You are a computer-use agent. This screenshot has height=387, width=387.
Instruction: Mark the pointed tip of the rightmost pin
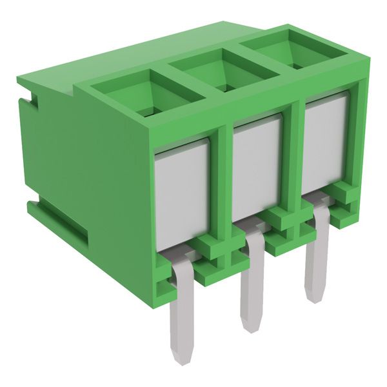click(315, 298)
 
